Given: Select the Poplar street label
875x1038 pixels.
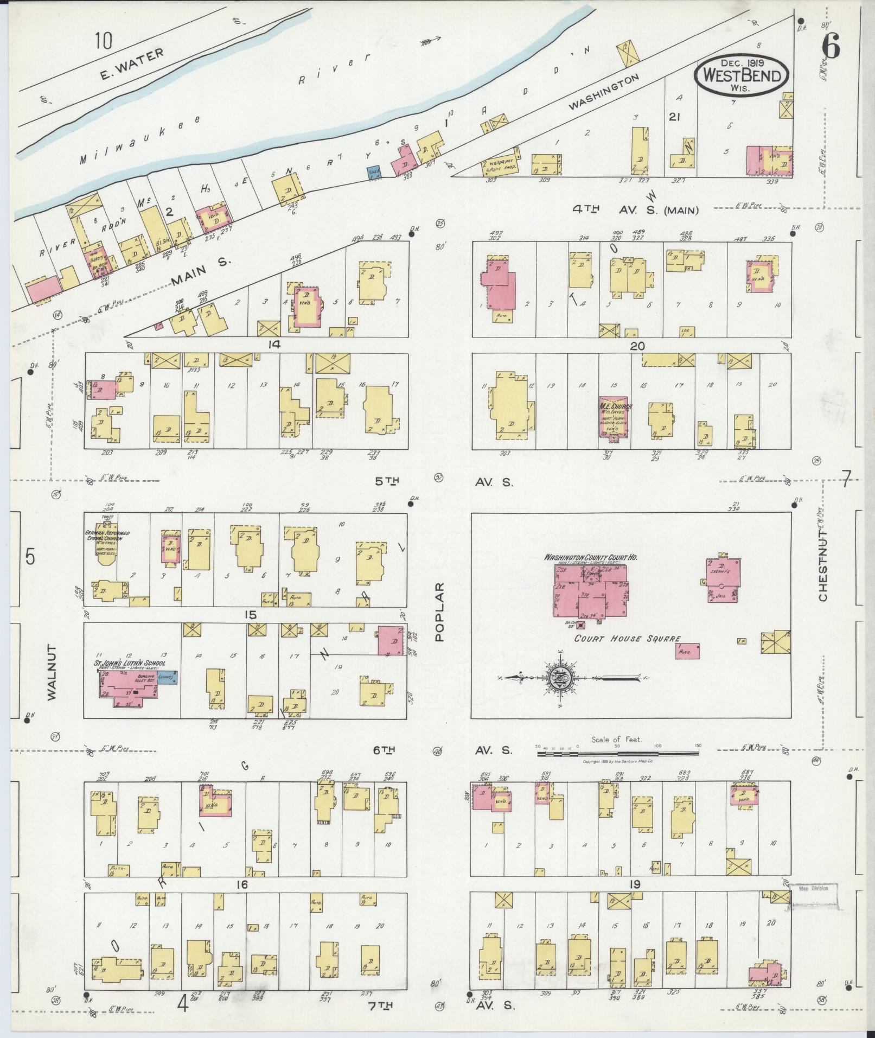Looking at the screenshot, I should [439, 612].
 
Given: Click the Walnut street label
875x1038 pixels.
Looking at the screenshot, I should [52, 673].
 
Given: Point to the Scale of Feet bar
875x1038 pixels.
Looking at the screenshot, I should [617, 753].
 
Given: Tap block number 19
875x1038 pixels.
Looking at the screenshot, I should [635, 884].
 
